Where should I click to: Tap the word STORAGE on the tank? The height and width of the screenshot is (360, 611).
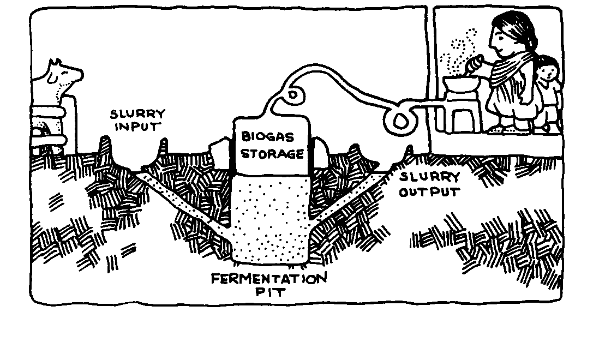tap(272, 153)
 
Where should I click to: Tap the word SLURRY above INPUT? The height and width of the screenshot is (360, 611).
tap(137, 115)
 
